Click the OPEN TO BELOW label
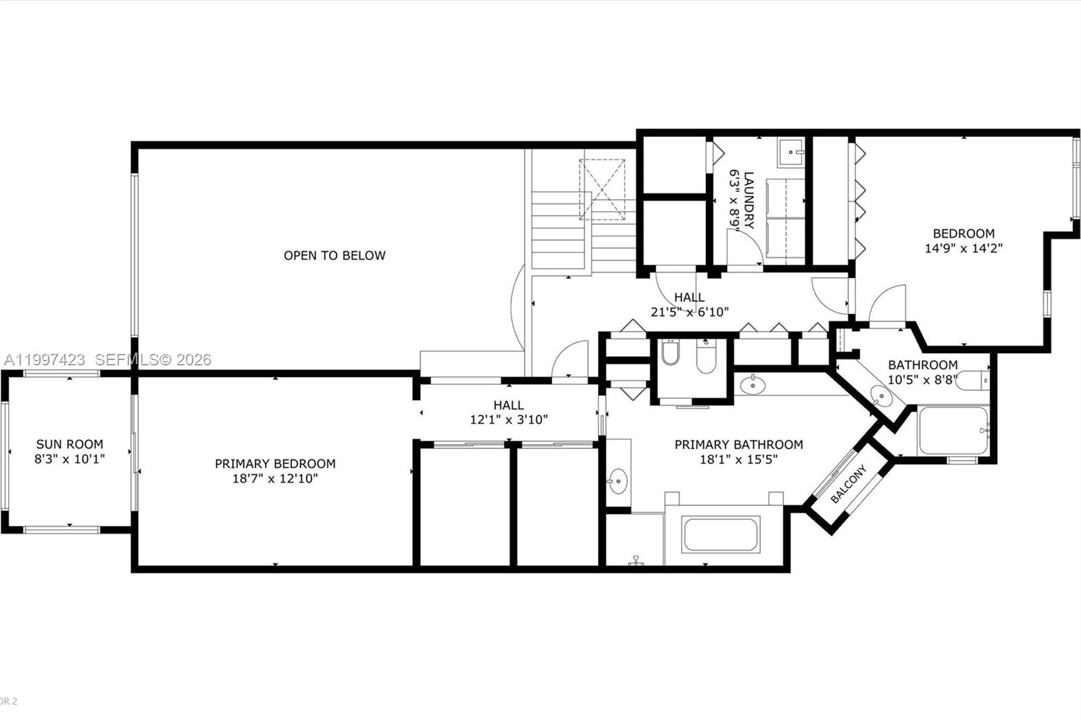[334, 255]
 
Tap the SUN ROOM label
[70, 444]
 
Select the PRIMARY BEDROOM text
[275, 464]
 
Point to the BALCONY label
[849, 484]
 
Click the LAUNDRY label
[749, 201]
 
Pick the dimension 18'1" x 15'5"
[739, 459]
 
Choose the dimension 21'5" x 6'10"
[690, 312]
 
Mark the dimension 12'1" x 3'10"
[509, 420]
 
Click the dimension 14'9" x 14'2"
[963, 249]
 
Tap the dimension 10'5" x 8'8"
[922, 380]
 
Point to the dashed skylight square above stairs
[602, 190]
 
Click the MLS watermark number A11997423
[45, 359]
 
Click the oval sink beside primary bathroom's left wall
[618, 481]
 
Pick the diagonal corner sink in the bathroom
[881, 396]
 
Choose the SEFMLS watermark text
[153, 359]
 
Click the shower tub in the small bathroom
[953, 430]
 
